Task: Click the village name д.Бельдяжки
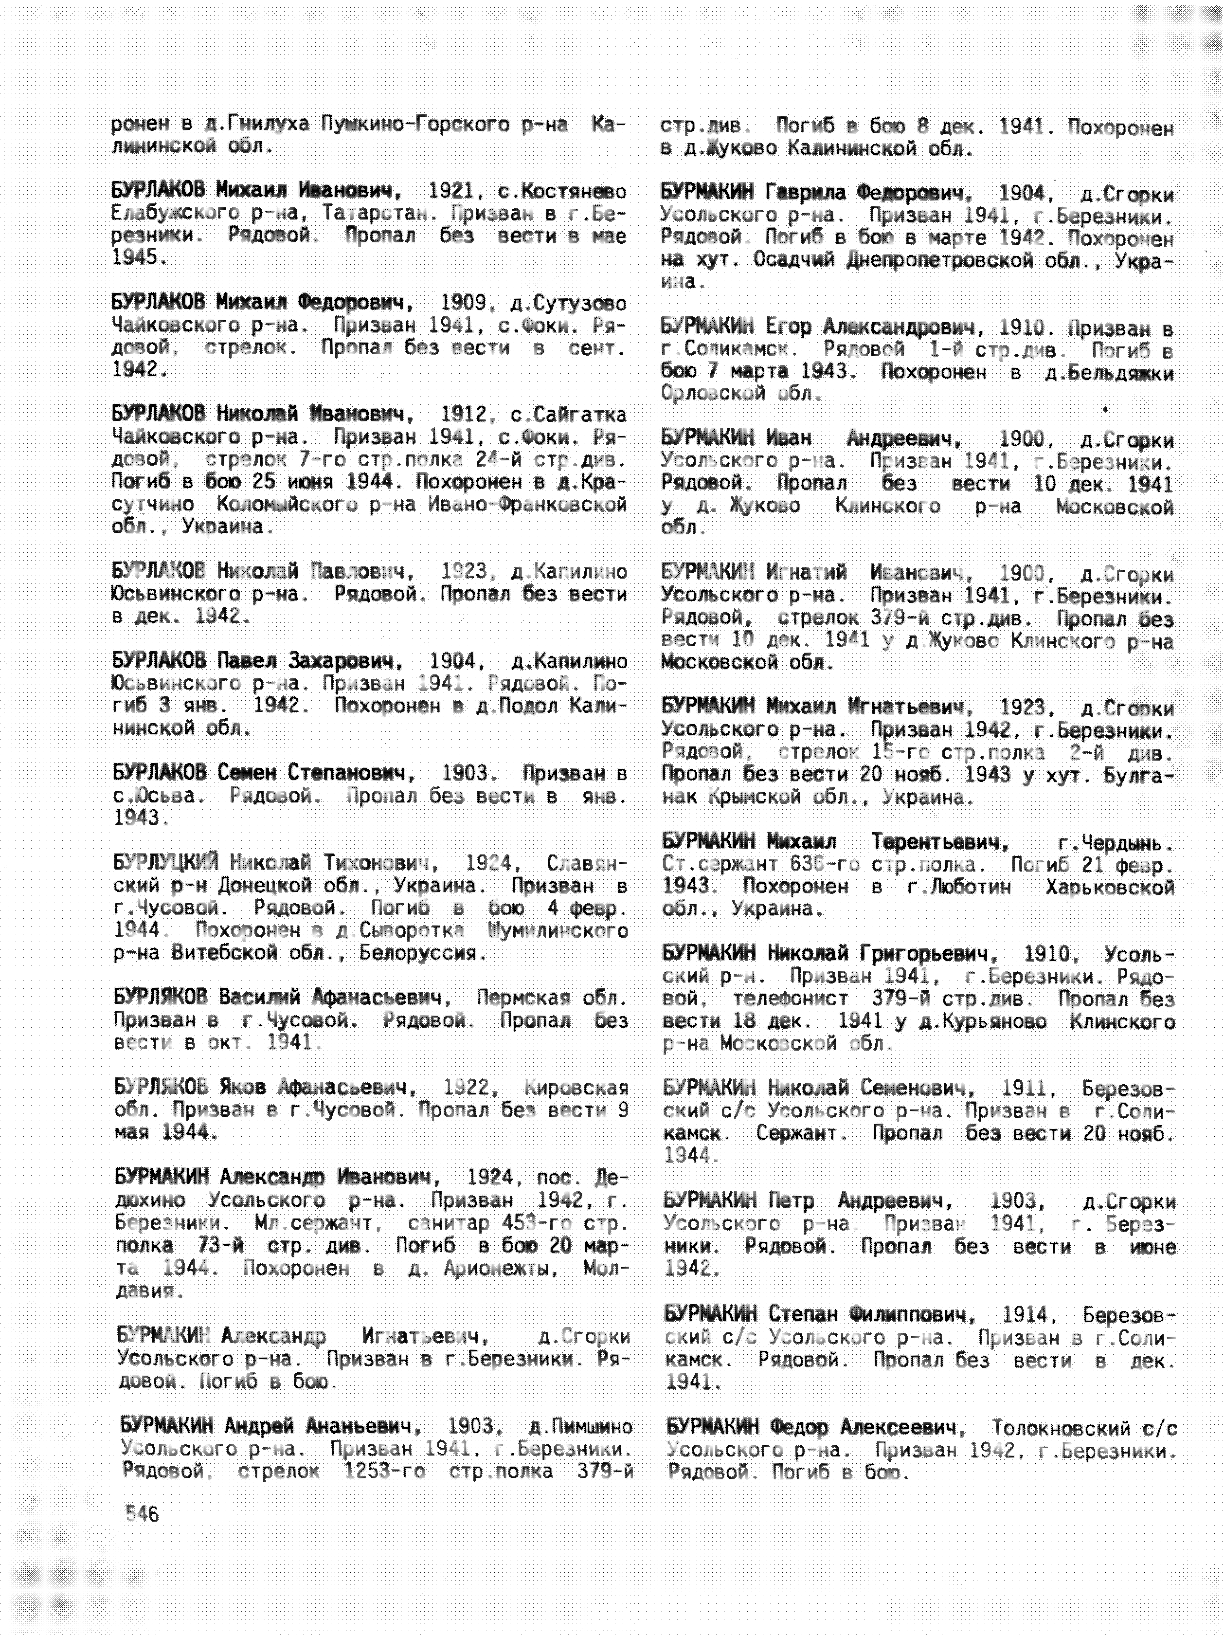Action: pos(1109,374)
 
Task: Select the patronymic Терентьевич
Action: pos(939,842)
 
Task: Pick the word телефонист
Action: pos(790,999)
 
